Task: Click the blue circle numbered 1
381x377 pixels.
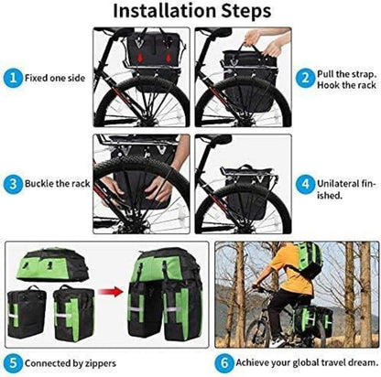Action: (x=13, y=78)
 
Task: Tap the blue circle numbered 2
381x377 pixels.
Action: (x=305, y=78)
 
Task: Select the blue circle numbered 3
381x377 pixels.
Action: (x=13, y=184)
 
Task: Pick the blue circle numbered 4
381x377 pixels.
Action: (x=305, y=184)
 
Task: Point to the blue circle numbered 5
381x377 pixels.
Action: (x=13, y=363)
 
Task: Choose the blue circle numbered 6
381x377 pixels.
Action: (x=224, y=363)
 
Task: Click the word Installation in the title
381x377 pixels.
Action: (x=165, y=11)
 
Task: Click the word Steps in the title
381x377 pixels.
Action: (x=246, y=12)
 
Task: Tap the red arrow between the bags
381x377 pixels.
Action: (x=111, y=291)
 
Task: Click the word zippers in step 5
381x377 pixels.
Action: (x=101, y=364)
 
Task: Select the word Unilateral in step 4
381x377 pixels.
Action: (x=338, y=184)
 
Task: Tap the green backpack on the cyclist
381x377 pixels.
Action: (x=310, y=259)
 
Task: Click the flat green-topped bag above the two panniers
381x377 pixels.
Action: (x=52, y=264)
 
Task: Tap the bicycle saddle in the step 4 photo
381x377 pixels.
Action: (x=216, y=139)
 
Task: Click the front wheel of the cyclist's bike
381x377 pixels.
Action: (x=259, y=330)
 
